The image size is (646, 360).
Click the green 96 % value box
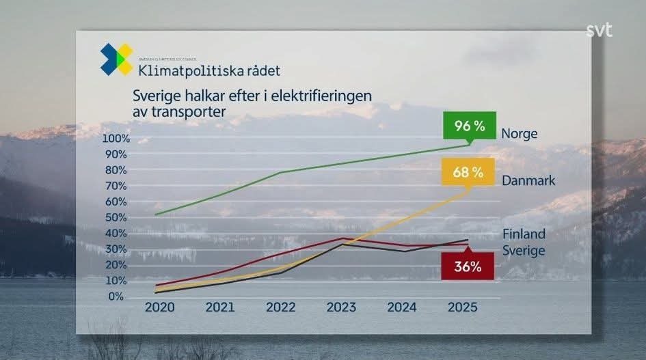pyautogui.click(x=469, y=126)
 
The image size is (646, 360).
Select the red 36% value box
pyautogui.click(x=468, y=267)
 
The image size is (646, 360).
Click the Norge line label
pyautogui.click(x=520, y=134)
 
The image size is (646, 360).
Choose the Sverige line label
pyautogui.click(x=524, y=251)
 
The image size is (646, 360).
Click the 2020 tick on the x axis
pyautogui.click(x=160, y=307)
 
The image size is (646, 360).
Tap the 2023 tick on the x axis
pyautogui.click(x=341, y=307)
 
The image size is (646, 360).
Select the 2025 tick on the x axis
pyautogui.click(x=462, y=307)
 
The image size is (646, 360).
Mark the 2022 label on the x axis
pyautogui.click(x=281, y=307)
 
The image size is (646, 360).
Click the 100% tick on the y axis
pyautogui.click(x=115, y=139)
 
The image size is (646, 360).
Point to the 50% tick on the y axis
pyautogui.click(x=115, y=217)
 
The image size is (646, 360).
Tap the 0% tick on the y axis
pyautogui.click(x=115, y=296)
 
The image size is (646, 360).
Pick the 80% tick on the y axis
pyautogui.click(x=115, y=170)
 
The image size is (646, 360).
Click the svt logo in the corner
pyautogui.click(x=599, y=31)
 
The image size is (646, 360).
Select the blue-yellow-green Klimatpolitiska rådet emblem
pyautogui.click(x=117, y=59)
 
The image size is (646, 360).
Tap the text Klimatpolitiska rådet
pyautogui.click(x=209, y=70)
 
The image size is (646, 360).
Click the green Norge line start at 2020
pyautogui.click(x=156, y=214)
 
